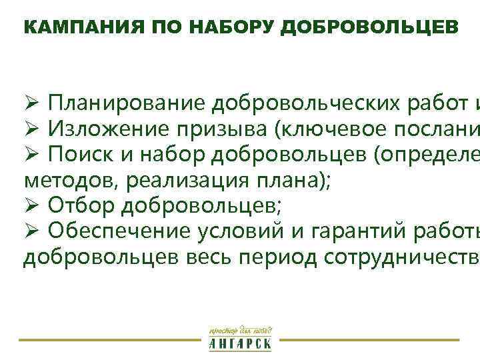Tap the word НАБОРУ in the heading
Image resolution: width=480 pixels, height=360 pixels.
coord(226,27)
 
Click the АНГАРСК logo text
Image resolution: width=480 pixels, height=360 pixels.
coord(240,344)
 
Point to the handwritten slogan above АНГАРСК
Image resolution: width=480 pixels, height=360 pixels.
coord(240,329)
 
